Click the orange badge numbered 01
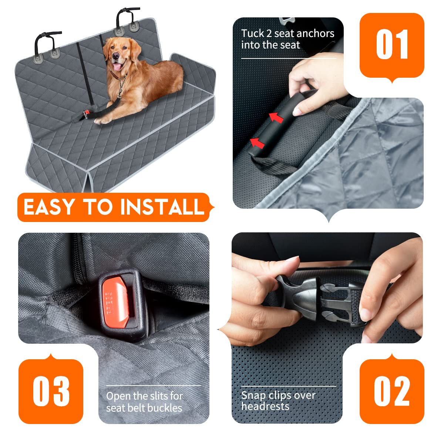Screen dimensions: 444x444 click(392, 45)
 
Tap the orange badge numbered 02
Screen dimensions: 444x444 click(392, 391)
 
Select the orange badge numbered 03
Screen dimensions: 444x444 click(51, 391)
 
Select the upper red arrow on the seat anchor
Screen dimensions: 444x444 click(276, 118)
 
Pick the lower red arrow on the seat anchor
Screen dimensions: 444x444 click(257, 143)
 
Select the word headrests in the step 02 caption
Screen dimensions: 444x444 click(265, 406)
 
